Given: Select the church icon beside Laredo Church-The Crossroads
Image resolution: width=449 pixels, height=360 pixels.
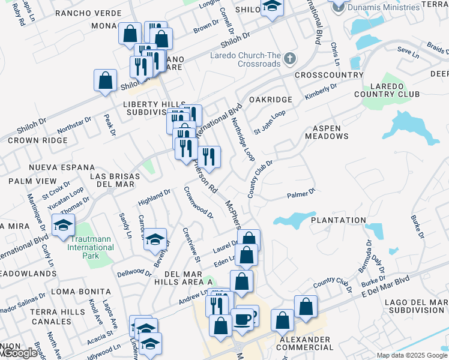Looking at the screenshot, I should point(291,59).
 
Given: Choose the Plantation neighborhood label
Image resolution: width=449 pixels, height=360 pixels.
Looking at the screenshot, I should point(338,220).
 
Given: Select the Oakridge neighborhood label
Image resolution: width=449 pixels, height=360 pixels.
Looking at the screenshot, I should point(270,99).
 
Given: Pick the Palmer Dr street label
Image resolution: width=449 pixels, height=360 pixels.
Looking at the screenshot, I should point(301,194).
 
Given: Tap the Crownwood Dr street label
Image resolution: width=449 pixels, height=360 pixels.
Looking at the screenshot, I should point(199,203).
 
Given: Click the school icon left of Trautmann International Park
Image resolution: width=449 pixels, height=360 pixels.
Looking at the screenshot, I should point(63,226).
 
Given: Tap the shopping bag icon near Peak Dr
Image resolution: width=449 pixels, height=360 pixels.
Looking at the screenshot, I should point(105,80).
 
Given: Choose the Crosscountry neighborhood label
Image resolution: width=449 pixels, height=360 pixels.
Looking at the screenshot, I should point(329,75).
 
